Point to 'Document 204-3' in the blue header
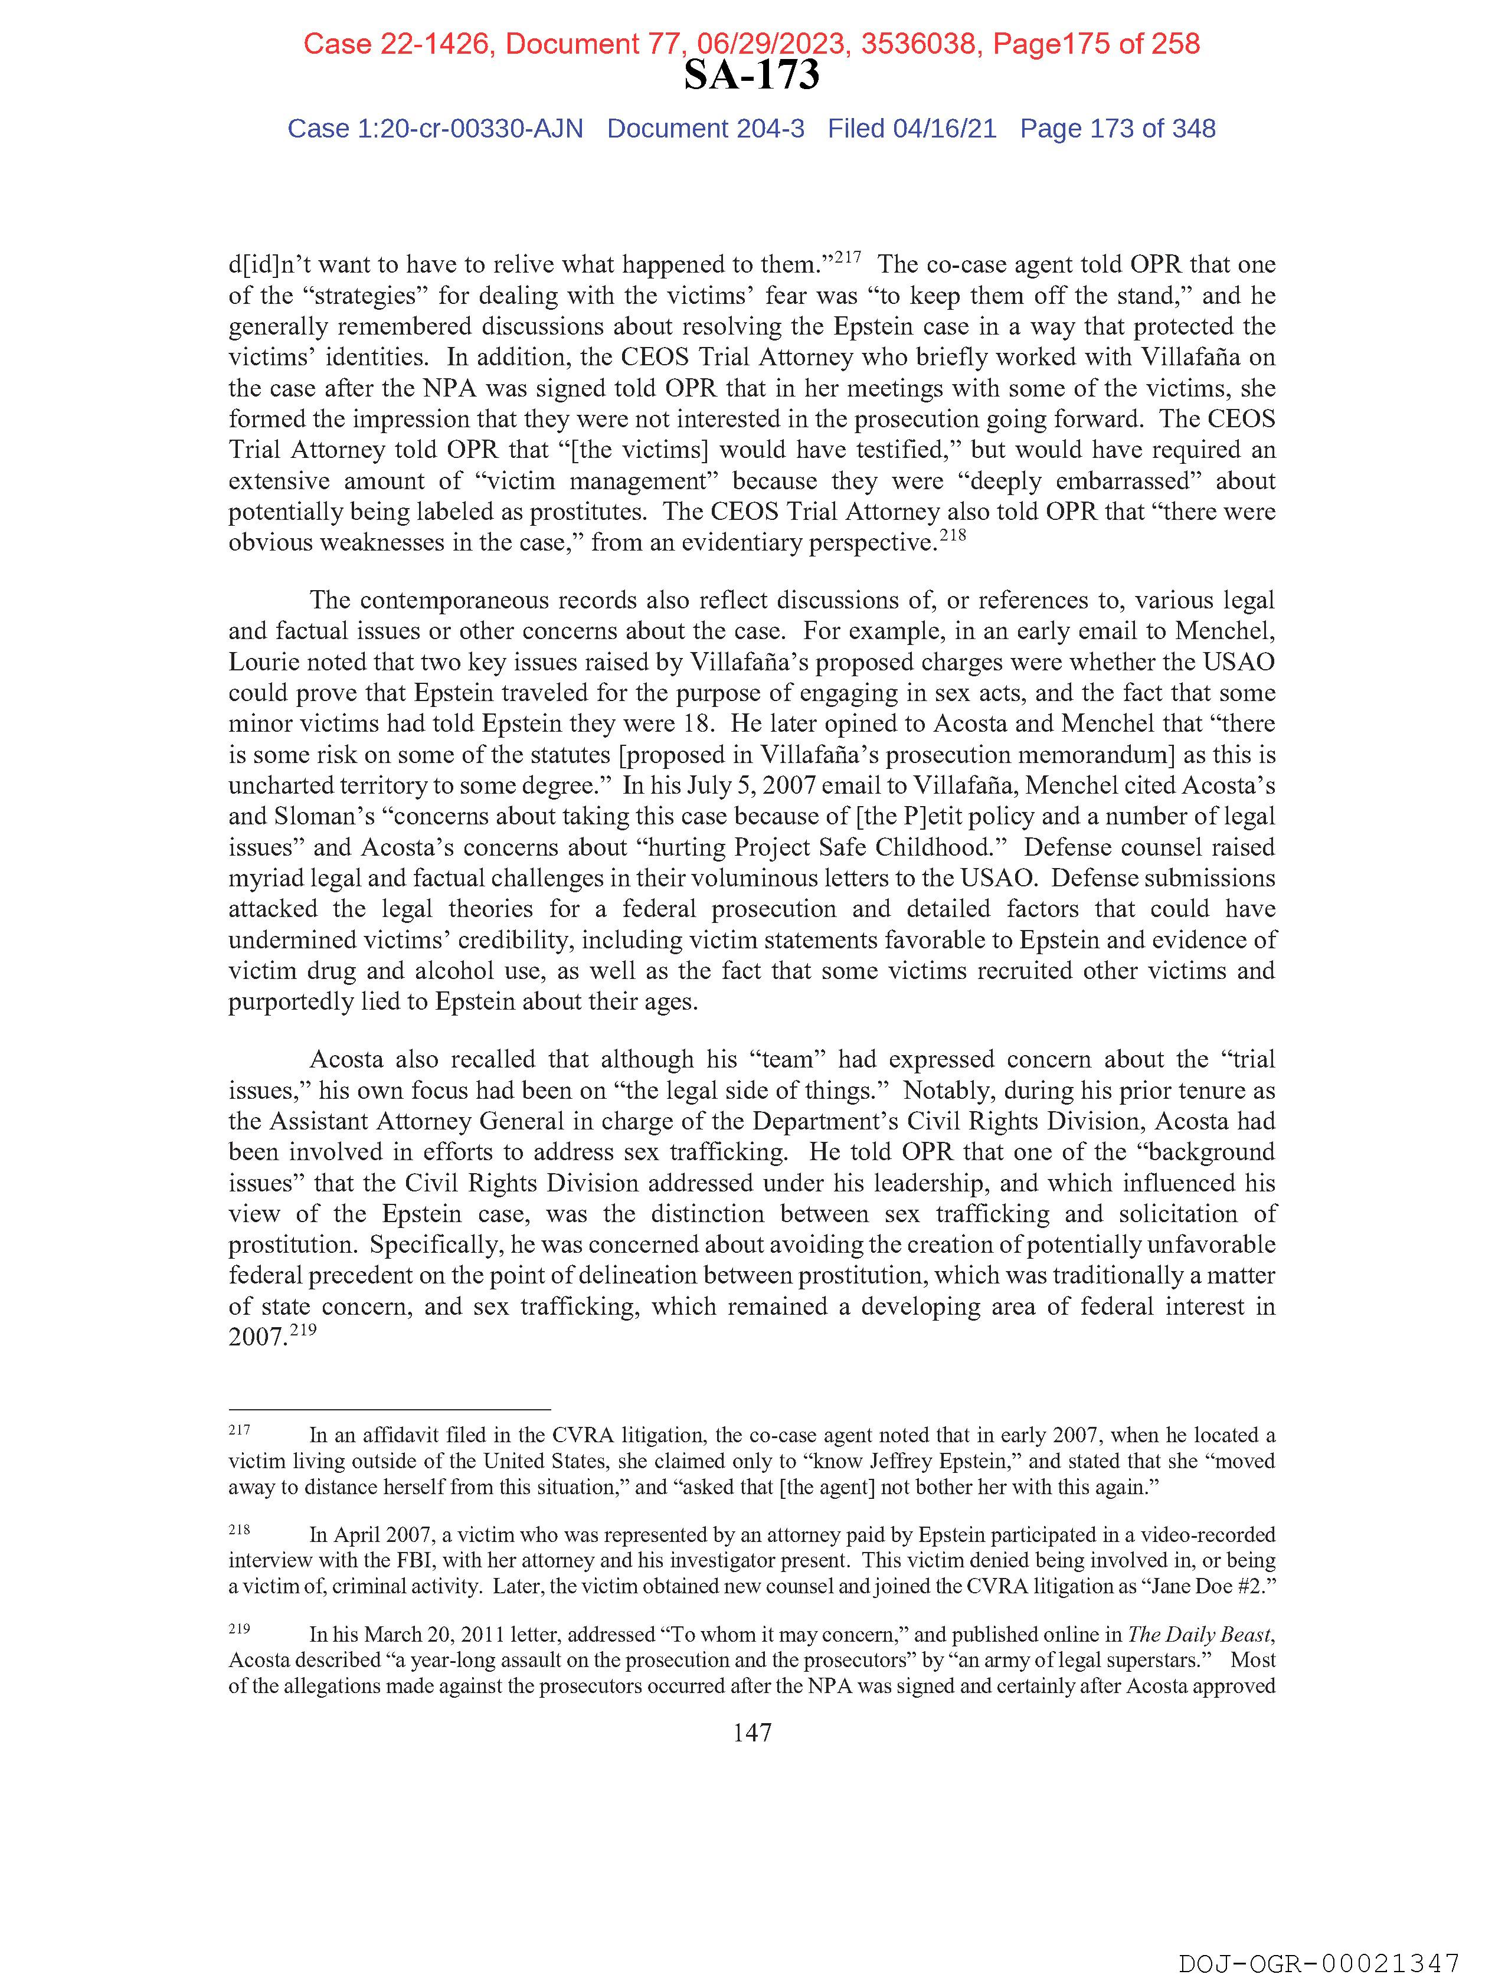tap(705, 129)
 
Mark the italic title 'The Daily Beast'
tap(1199, 1635)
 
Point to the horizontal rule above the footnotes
tap(389, 1409)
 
